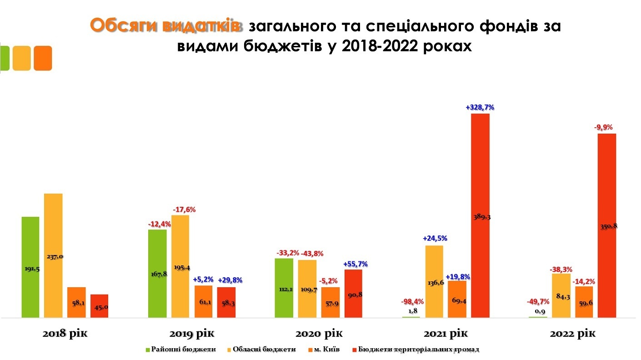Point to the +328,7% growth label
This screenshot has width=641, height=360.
coord(480,108)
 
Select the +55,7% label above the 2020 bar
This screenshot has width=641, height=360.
coord(355,264)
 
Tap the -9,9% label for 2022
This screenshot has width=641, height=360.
coord(606,128)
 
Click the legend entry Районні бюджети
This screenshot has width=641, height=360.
coord(180,350)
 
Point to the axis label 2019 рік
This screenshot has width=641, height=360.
coord(191,334)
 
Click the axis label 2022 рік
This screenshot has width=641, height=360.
coord(572,334)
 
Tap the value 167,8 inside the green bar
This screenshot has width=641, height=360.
coord(157,274)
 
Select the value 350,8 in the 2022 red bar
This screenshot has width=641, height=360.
coord(607,226)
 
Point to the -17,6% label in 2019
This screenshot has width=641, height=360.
coord(184,210)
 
